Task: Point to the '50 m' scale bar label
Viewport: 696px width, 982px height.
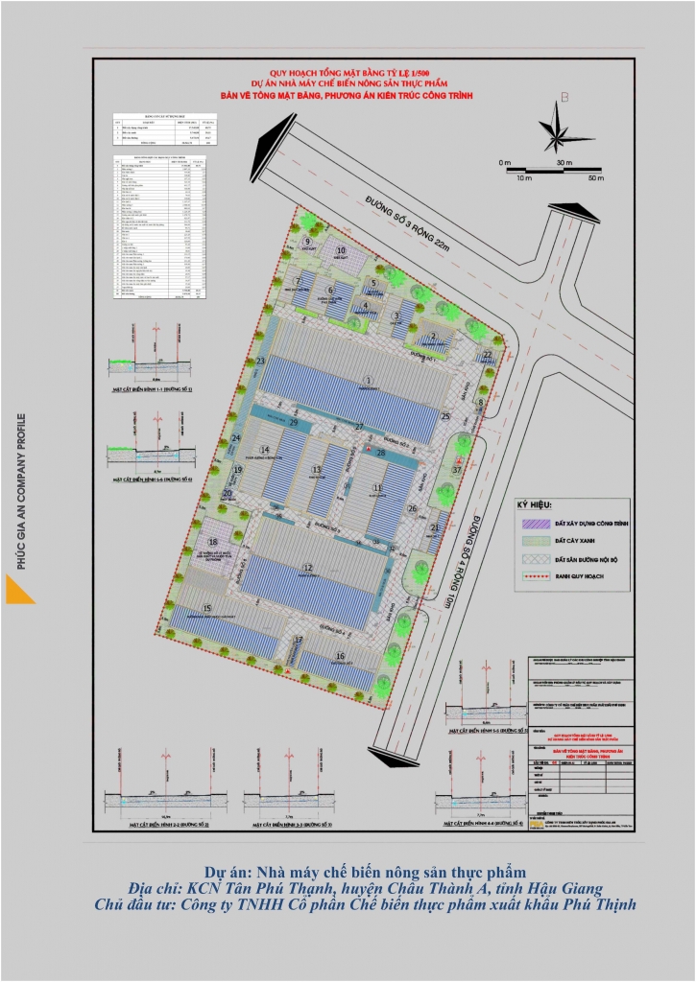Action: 595,178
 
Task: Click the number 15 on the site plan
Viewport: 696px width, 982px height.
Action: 207,608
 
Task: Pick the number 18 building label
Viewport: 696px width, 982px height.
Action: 213,542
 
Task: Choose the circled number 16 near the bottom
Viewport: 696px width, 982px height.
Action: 339,656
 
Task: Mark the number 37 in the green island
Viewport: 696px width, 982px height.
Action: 458,471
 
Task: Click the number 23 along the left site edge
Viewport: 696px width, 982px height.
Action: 260,361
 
